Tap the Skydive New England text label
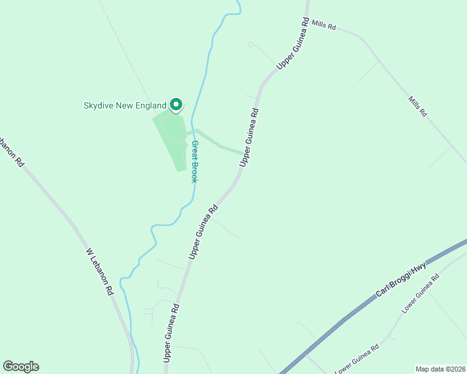(125, 105)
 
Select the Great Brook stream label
(195, 161)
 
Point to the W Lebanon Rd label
(101, 272)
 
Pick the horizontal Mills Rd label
(325, 27)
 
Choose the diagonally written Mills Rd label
(418, 107)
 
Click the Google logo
(21, 367)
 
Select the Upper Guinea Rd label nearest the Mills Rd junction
(293, 43)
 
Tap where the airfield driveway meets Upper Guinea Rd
(243, 152)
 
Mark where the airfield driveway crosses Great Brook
(194, 132)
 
